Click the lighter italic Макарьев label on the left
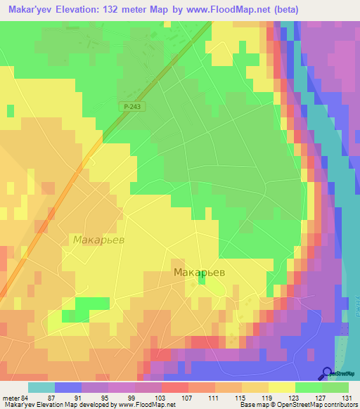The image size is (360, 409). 98,240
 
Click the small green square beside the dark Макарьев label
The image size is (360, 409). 202,280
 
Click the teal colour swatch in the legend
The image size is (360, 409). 41,387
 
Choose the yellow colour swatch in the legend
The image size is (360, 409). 282,387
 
